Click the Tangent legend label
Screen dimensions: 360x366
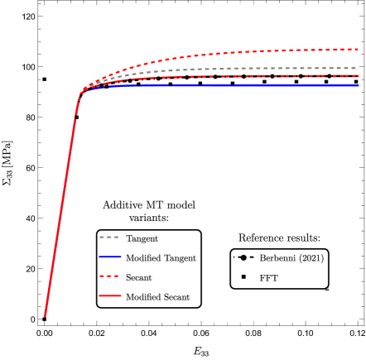point(142,238)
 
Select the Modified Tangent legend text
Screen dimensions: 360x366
point(161,258)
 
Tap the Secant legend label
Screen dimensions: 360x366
point(138,277)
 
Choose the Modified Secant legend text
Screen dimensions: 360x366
point(157,296)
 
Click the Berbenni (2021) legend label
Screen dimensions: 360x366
point(291,258)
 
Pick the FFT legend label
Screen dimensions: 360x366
point(268,278)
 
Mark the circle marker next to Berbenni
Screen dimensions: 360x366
point(243,257)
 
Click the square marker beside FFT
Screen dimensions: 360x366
point(243,277)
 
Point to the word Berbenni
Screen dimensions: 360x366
point(277,258)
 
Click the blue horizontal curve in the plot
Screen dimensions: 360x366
point(290,85)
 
